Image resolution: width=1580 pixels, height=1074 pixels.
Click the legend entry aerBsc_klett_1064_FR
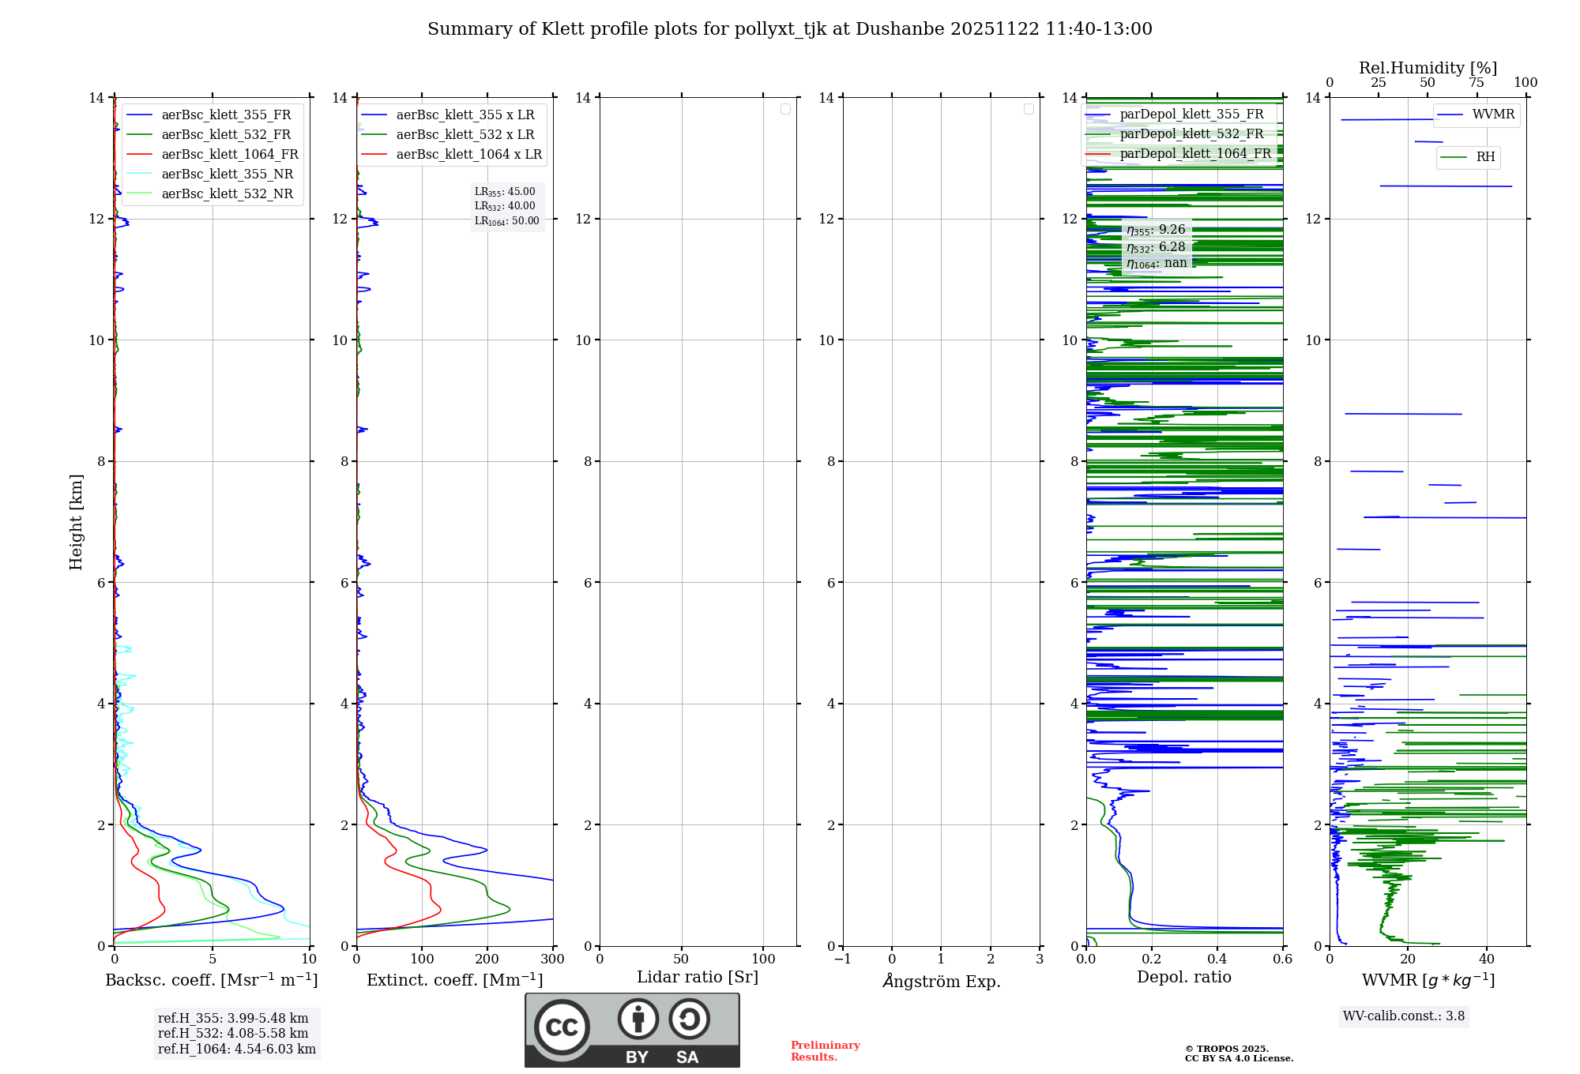coord(229,154)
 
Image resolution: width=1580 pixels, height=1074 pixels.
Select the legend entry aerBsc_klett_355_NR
coord(227,174)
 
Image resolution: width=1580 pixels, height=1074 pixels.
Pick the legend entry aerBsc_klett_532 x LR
coord(465,134)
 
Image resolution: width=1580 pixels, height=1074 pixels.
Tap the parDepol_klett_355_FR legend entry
coord(1191,114)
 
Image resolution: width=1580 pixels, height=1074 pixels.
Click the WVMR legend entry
coord(1492,115)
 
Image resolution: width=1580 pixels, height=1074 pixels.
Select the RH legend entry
coord(1485,157)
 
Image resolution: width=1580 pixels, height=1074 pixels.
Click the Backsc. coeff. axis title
coord(212,980)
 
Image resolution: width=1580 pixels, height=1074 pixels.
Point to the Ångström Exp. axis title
coord(941,981)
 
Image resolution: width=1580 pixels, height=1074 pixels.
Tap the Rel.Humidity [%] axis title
coord(1428,68)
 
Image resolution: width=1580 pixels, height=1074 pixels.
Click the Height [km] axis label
coord(76,521)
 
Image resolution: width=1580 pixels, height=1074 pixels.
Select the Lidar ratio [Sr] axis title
coord(697,977)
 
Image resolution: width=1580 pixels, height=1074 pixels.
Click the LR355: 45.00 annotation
coord(505,192)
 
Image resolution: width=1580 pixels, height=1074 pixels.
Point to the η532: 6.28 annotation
coord(1156,246)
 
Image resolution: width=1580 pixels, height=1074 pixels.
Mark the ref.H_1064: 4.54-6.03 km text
coord(236,1049)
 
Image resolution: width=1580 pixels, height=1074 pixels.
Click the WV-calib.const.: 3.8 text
coord(1403,1016)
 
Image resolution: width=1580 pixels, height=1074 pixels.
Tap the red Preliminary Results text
coord(825,1050)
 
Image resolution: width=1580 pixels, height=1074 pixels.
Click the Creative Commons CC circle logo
coord(562,1027)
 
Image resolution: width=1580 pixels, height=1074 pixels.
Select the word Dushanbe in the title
coord(900,29)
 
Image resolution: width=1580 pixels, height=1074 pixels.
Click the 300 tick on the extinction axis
coord(552,959)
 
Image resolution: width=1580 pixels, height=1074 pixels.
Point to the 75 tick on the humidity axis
coord(1476,82)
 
